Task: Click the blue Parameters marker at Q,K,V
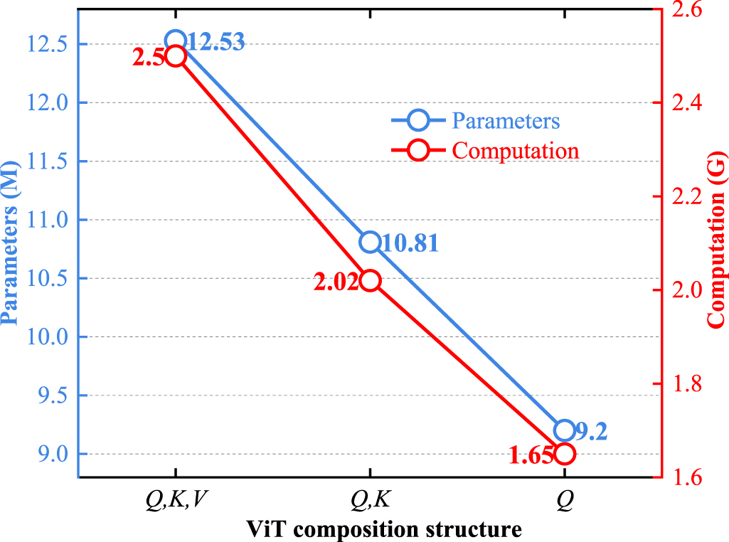tap(175, 41)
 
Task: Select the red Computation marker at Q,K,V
tap(175, 56)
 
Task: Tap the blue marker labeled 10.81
tap(369, 242)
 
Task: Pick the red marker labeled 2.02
tap(369, 281)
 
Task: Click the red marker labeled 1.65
tap(564, 454)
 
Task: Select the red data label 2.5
tap(148, 58)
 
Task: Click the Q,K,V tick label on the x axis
tap(175, 500)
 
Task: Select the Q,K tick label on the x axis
tap(369, 500)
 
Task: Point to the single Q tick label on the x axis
tap(564, 500)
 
